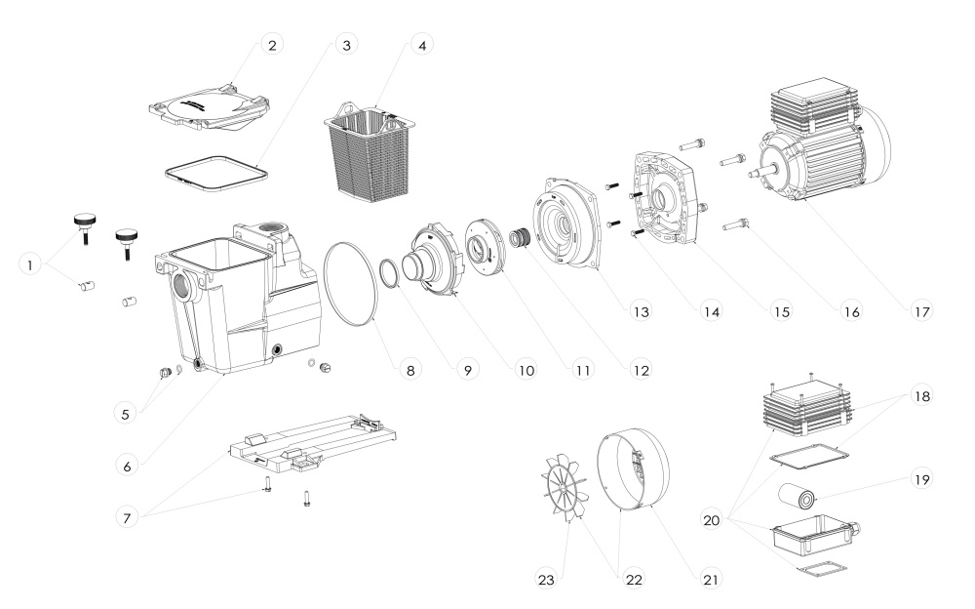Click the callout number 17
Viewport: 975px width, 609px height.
pos(921,311)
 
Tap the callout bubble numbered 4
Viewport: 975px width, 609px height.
pos(421,45)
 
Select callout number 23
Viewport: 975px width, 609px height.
pos(546,580)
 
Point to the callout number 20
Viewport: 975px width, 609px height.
pos(712,520)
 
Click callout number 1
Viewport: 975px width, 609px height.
pos(29,264)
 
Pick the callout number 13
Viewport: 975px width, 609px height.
pos(641,311)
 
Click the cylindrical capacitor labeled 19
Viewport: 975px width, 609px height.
pos(798,498)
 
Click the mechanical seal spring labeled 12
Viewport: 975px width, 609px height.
pos(520,238)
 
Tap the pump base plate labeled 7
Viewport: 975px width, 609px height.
pos(313,443)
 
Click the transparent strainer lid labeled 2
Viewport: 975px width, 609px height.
pos(209,107)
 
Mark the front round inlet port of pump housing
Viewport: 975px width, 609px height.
pos(184,286)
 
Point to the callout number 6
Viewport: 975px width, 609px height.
pos(127,466)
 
